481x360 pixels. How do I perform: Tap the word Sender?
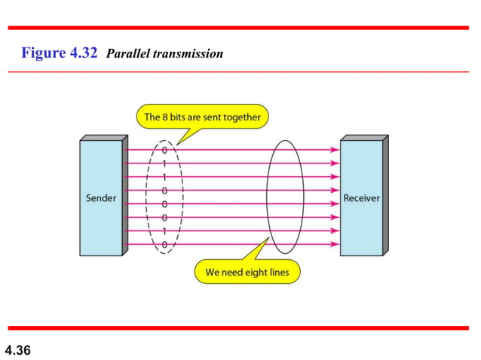click(x=100, y=198)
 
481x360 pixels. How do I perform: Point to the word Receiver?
click(x=361, y=198)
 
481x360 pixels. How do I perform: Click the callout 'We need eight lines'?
click(x=246, y=272)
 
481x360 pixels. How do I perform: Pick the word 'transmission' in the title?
click(x=186, y=54)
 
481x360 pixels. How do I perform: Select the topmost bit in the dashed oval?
click(x=165, y=150)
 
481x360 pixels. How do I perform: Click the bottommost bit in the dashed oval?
click(x=164, y=245)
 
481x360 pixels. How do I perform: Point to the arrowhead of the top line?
click(x=335, y=150)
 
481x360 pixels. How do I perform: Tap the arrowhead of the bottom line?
click(x=335, y=245)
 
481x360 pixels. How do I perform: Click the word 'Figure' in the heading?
click(x=42, y=53)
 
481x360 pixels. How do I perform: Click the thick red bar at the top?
click(x=240, y=27)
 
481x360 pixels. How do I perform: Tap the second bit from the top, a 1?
click(x=165, y=163)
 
